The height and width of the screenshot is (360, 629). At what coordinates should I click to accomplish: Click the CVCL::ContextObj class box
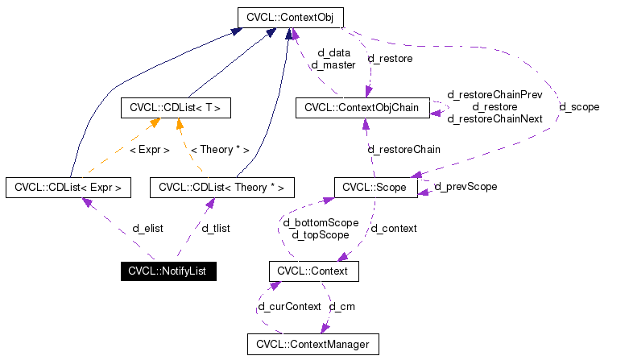tap(291, 16)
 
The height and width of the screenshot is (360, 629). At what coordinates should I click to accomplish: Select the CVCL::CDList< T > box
tap(176, 107)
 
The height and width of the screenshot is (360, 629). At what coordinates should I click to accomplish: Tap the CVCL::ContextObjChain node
tap(362, 107)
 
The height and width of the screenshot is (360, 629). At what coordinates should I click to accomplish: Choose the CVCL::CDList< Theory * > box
tap(221, 188)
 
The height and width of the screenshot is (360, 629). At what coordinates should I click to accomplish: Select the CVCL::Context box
tap(312, 271)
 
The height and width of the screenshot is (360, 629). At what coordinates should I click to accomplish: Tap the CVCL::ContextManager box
tap(312, 345)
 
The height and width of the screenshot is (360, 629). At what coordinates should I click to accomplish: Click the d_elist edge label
tap(147, 229)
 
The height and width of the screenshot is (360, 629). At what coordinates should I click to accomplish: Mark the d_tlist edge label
tap(216, 229)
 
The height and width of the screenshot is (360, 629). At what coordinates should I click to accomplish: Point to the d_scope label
tap(579, 106)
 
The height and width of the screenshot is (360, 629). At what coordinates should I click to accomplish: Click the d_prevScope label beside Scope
tap(466, 187)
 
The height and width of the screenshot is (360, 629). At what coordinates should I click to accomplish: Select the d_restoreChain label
tap(403, 149)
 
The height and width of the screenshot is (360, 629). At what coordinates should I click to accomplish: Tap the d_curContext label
tap(289, 307)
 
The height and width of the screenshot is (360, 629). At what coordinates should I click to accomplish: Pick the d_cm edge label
tap(341, 307)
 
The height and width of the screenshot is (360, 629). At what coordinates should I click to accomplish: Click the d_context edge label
tap(394, 229)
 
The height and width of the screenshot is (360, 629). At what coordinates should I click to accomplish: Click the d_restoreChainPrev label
tap(495, 95)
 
